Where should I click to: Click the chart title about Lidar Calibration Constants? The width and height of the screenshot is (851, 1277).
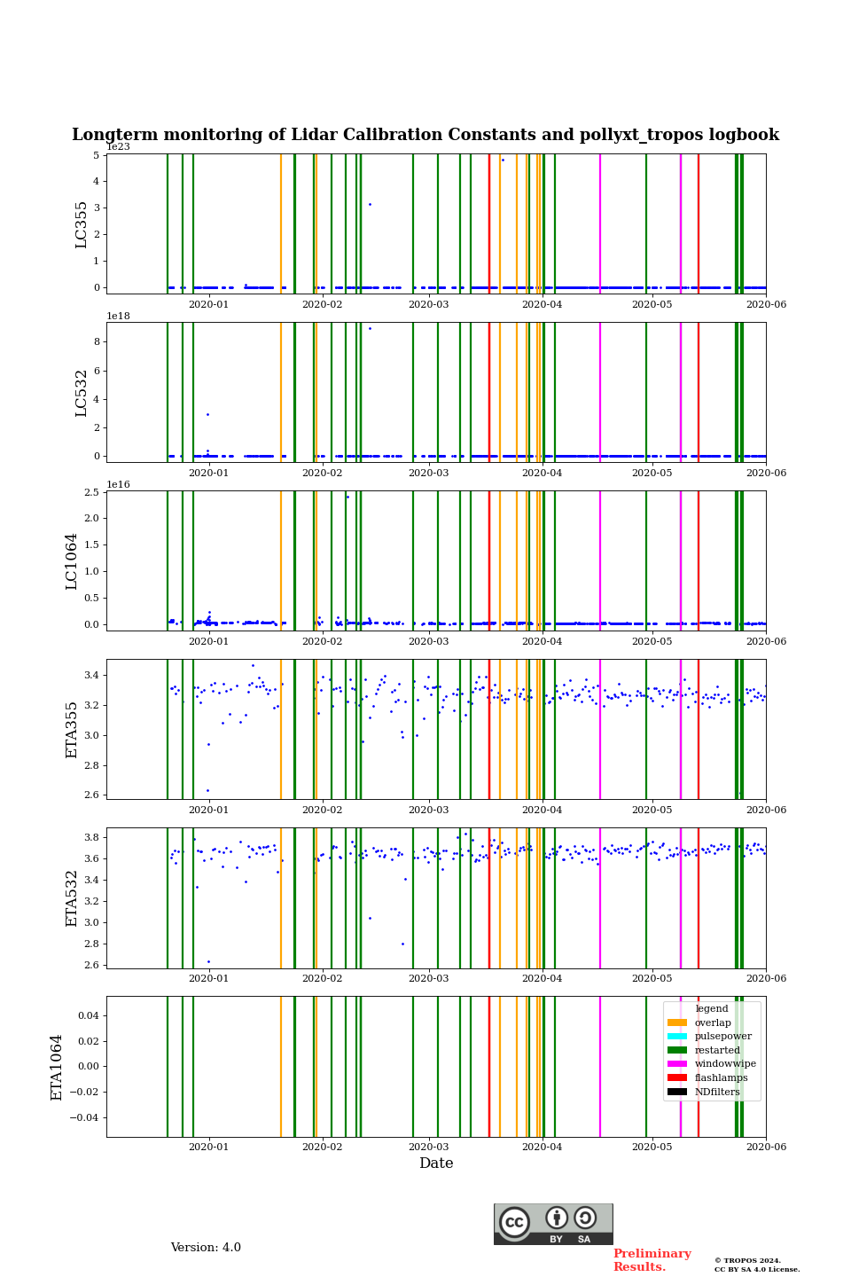click(425, 135)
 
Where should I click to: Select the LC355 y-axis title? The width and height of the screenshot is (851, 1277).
click(82, 224)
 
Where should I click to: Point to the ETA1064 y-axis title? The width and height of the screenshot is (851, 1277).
click(57, 1067)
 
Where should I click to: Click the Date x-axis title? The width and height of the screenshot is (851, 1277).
click(436, 1163)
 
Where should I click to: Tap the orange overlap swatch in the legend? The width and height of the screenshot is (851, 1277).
click(677, 1022)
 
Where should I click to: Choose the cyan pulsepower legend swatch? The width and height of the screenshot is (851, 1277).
click(677, 1037)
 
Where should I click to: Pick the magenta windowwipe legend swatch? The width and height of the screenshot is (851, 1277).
click(677, 1064)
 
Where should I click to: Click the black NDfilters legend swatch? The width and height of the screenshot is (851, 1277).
click(677, 1092)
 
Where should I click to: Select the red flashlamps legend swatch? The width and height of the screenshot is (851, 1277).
click(677, 1078)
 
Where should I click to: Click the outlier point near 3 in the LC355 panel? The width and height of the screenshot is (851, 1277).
click(370, 205)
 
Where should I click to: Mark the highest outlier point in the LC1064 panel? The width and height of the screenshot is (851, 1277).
click(347, 497)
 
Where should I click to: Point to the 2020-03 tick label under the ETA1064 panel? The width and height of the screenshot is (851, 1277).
click(428, 1147)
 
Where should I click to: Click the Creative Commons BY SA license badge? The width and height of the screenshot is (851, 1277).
click(553, 1224)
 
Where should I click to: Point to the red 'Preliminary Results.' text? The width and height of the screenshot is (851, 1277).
click(652, 1260)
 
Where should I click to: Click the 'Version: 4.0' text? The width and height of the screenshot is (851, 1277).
click(206, 1248)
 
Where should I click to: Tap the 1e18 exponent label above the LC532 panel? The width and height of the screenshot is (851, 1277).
click(119, 316)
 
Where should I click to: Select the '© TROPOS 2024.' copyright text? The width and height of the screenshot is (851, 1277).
click(747, 1260)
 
